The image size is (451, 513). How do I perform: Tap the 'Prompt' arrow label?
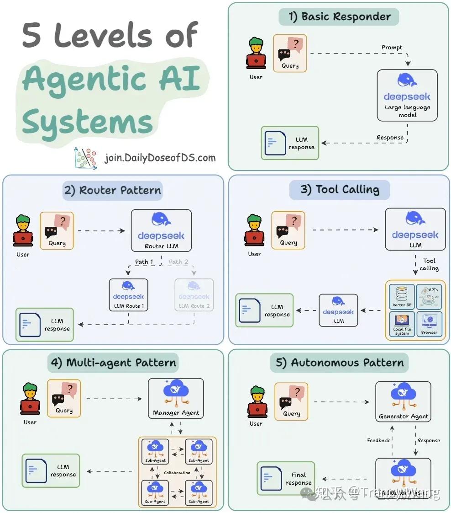392,48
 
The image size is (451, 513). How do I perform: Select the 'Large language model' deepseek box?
407,95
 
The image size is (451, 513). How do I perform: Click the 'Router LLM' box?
161,230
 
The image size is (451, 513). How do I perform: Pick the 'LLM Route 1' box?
128,295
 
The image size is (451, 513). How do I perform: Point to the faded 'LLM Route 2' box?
194,295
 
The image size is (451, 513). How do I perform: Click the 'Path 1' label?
144,262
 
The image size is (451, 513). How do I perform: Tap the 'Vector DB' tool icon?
402,296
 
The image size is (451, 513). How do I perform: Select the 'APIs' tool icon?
429,296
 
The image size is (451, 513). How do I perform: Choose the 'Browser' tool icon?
429,324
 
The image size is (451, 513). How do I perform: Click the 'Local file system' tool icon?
402,324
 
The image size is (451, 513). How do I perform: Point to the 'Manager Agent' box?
176,398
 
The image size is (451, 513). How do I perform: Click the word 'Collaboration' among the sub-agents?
177,472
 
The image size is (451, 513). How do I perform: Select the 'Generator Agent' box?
404,402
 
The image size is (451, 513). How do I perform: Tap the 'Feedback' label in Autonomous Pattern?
378,440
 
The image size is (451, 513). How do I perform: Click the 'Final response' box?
286,478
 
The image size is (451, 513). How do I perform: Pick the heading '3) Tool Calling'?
340,190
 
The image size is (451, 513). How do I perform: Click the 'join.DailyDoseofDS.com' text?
160,158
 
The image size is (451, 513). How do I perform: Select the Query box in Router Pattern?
57,230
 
